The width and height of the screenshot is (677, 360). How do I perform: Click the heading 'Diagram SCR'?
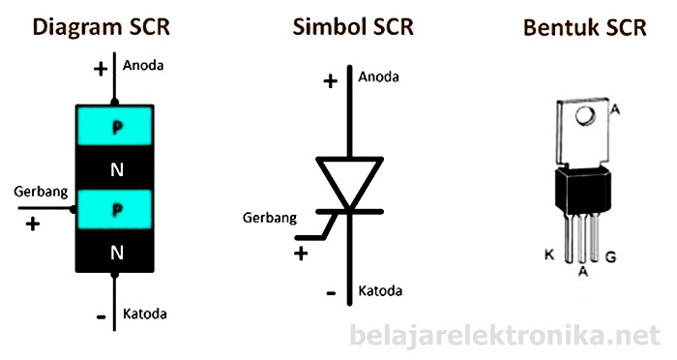101,26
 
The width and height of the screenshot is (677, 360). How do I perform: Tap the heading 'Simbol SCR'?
353,26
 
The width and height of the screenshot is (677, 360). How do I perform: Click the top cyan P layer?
116,126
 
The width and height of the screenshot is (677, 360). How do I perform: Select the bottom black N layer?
116,254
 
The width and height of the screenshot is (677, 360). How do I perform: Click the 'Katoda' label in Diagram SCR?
145,315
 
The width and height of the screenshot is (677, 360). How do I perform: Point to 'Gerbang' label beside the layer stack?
41,192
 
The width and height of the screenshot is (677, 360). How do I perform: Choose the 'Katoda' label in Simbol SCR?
380,290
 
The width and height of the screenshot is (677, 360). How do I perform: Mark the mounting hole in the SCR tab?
584,116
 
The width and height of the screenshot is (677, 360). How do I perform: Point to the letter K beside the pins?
549,255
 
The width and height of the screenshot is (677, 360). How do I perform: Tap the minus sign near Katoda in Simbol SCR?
330,292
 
